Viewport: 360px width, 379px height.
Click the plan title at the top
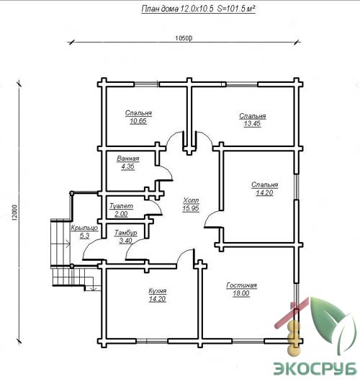(x=198, y=9)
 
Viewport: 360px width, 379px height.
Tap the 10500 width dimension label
(x=184, y=38)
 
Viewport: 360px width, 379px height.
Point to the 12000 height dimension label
(x=14, y=213)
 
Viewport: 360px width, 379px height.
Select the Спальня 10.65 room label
(x=138, y=117)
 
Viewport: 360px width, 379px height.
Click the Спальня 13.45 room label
(x=253, y=120)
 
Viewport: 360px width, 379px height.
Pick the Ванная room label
(x=128, y=159)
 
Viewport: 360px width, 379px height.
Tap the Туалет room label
(x=121, y=206)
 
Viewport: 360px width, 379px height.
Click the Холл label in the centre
(x=191, y=200)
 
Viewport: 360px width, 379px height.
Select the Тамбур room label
(x=125, y=233)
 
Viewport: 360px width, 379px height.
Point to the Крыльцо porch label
(x=84, y=228)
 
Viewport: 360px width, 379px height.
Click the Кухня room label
(x=157, y=291)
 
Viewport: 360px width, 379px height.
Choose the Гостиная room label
(x=241, y=285)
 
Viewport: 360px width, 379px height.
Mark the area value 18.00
(x=241, y=293)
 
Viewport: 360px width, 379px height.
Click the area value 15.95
(x=191, y=208)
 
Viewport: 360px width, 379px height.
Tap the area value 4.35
(x=128, y=166)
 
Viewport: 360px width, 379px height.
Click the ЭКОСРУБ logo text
(x=315, y=369)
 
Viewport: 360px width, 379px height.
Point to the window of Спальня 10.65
(x=146, y=84)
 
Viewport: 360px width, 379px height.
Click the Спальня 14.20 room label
(x=264, y=189)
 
